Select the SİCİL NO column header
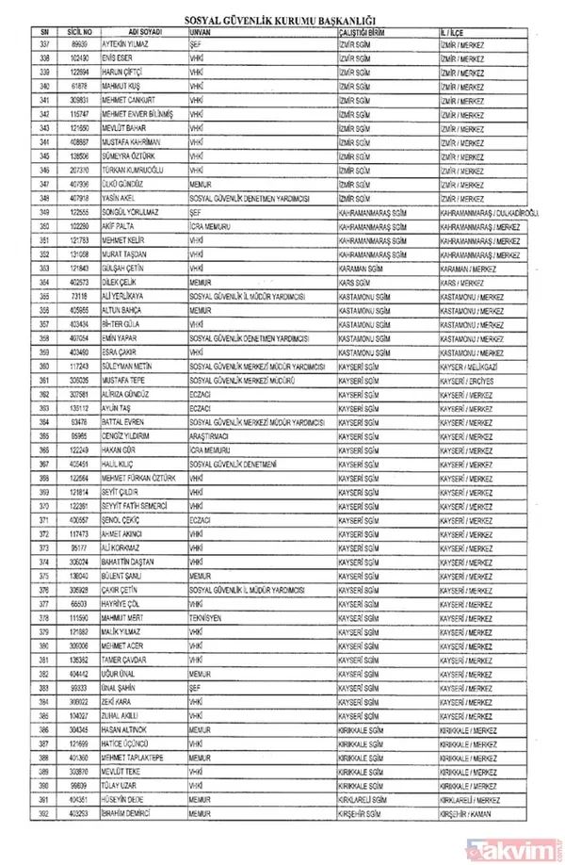click(x=77, y=31)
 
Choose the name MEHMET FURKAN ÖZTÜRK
click(x=140, y=478)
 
